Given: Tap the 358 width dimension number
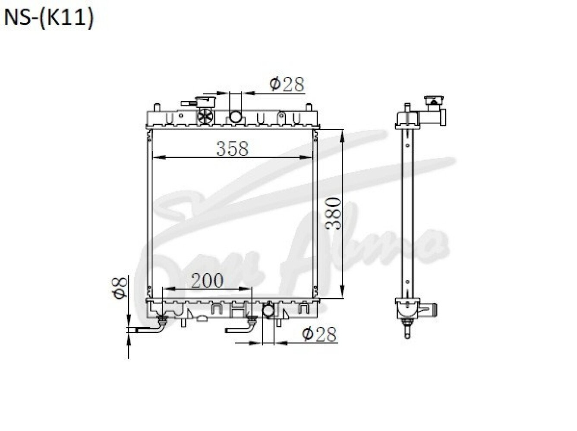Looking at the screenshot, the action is coord(232,149).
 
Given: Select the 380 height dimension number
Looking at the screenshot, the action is coord(333,214).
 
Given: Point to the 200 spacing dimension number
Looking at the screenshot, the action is coord(207,281).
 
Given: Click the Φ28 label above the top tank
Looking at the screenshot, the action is coord(287,84).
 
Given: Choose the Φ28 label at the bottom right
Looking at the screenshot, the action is coord(319,334).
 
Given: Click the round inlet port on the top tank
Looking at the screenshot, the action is coord(235,116).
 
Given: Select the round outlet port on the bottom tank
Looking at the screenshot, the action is coord(268,311).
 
